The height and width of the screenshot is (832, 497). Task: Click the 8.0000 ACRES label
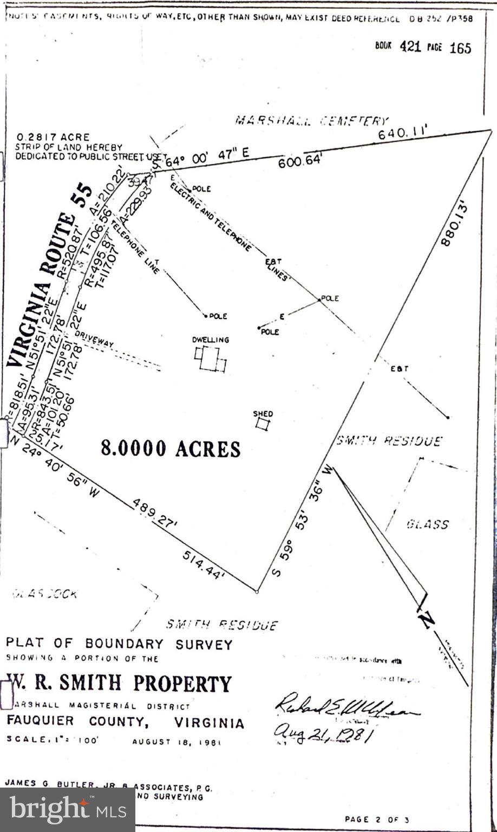(171, 448)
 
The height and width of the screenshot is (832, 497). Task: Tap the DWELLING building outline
(210, 359)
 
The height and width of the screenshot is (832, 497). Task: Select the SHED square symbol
(263, 424)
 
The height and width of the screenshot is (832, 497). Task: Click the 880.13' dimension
(454, 225)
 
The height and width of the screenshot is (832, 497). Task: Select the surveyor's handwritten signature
(346, 705)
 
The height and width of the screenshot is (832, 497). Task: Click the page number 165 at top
(460, 48)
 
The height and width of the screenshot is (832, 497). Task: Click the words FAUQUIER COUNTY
(76, 722)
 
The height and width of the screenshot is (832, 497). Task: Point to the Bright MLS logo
(67, 810)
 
